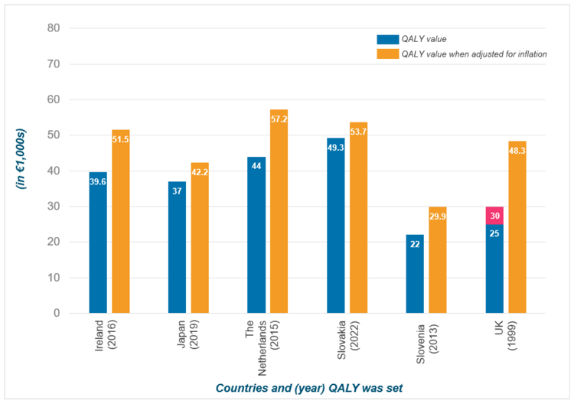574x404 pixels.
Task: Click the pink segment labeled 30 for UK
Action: point(494,216)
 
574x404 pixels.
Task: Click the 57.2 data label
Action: point(279,119)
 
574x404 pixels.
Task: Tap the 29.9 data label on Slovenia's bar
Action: point(438,217)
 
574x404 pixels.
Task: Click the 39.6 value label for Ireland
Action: point(98,182)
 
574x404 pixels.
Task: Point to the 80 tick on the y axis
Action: point(54,28)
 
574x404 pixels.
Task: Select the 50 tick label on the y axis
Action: point(54,135)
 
